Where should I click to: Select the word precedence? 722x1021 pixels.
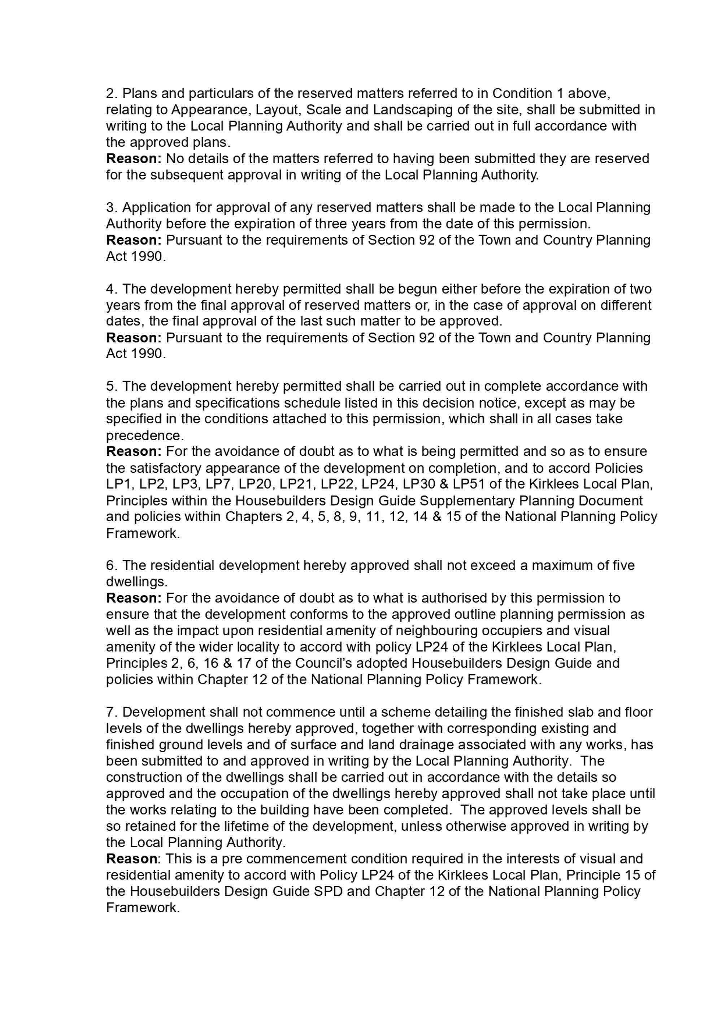tap(144, 435)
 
